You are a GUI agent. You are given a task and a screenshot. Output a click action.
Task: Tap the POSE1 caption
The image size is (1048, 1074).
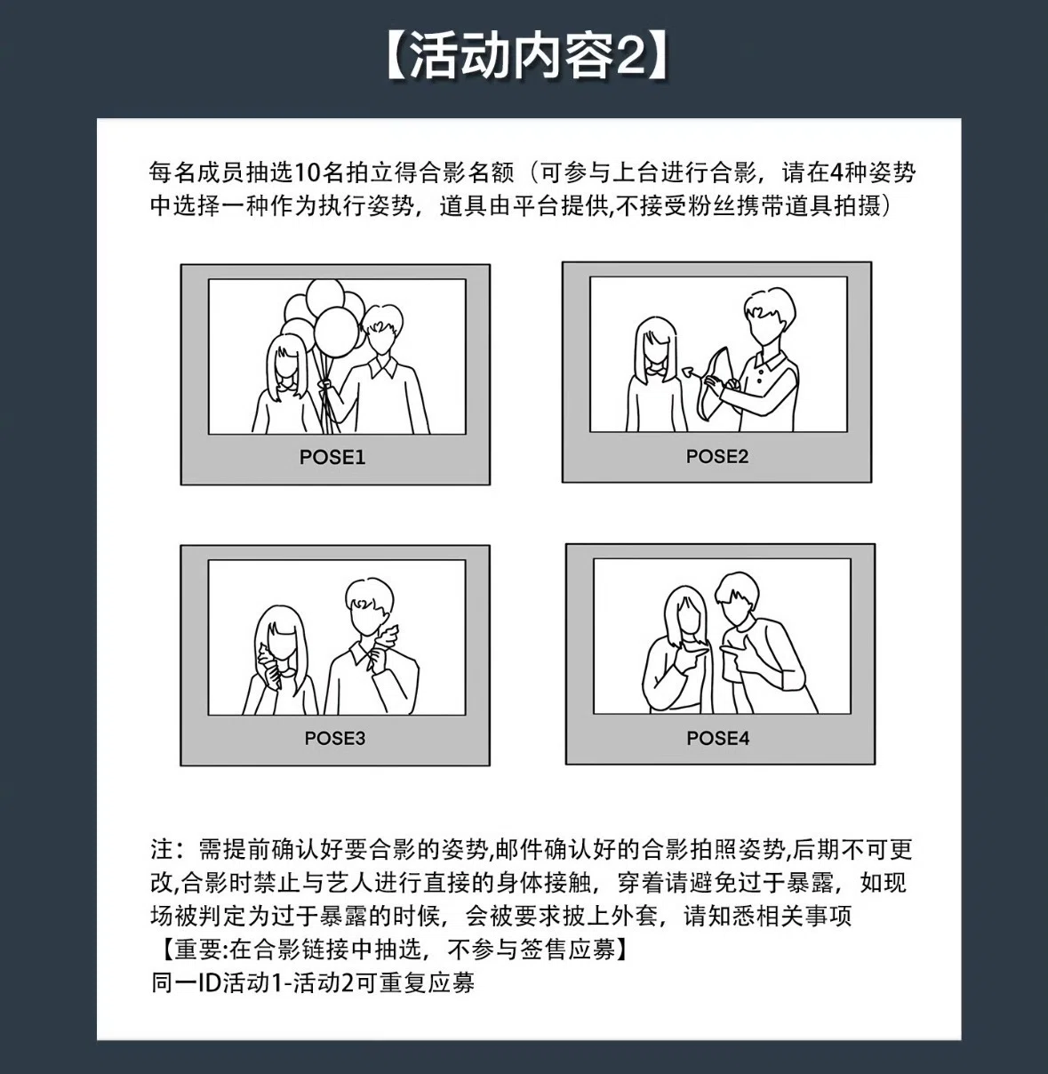coord(332,457)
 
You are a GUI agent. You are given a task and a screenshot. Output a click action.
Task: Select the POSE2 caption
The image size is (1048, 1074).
coord(716,456)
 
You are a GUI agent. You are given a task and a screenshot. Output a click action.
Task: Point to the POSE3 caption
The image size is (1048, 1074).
coord(334,738)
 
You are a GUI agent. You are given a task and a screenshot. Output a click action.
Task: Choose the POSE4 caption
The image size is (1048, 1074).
coord(717,738)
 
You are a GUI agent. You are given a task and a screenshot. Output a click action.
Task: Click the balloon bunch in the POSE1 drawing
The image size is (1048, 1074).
coord(324,320)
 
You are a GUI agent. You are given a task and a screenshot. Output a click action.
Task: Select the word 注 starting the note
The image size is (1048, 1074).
coord(161,849)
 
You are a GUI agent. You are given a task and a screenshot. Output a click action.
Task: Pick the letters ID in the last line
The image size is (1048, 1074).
coord(210,983)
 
